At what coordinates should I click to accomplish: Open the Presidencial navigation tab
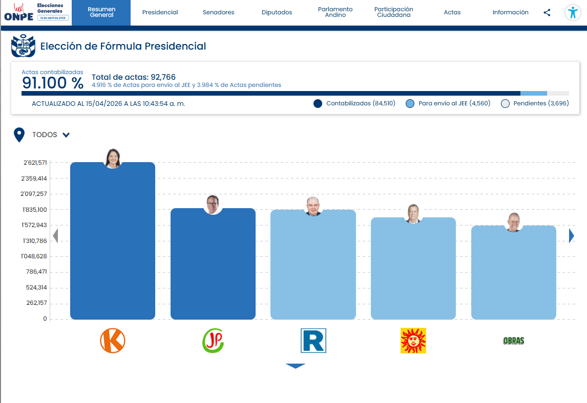point(160,12)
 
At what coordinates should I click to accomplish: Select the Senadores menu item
point(218,12)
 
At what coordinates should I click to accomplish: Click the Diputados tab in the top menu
point(277,12)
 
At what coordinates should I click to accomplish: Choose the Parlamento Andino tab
point(335,12)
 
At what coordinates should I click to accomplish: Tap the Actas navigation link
point(452,12)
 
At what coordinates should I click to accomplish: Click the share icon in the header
point(547,13)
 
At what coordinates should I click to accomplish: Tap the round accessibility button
point(573,13)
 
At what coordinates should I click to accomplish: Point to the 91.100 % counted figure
point(52,83)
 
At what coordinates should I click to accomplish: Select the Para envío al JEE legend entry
point(449,103)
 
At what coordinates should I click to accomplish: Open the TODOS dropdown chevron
point(66,135)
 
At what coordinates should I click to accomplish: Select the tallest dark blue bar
point(113,240)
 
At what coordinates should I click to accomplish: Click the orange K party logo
point(113,341)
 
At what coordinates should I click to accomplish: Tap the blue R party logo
point(313,341)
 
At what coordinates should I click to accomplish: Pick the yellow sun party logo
point(413,341)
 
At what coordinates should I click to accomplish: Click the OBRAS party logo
point(513,341)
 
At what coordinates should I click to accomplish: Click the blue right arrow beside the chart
point(572,235)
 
